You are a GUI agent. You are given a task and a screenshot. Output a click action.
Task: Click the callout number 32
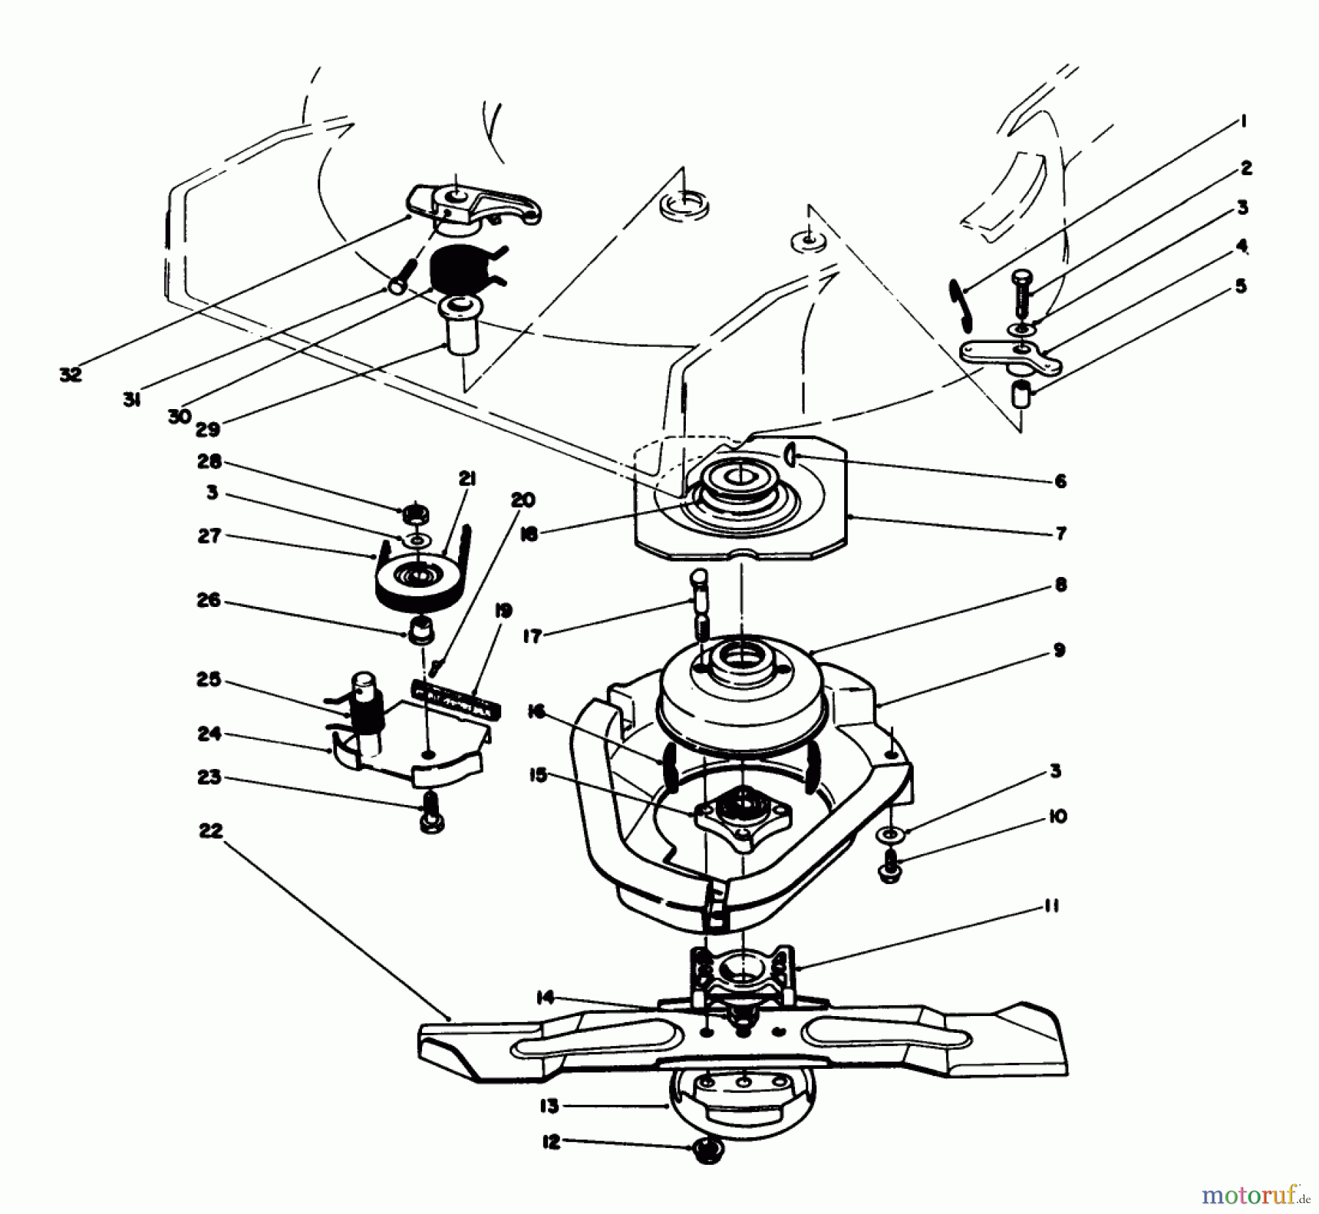point(70,374)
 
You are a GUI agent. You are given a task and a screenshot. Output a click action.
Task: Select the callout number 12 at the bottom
point(550,1142)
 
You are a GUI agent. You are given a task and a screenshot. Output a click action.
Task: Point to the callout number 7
point(1060,533)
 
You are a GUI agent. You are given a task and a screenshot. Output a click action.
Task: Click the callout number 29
point(208,429)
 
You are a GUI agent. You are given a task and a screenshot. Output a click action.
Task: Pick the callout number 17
point(533,636)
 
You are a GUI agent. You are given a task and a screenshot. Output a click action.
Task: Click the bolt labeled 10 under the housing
point(890,865)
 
